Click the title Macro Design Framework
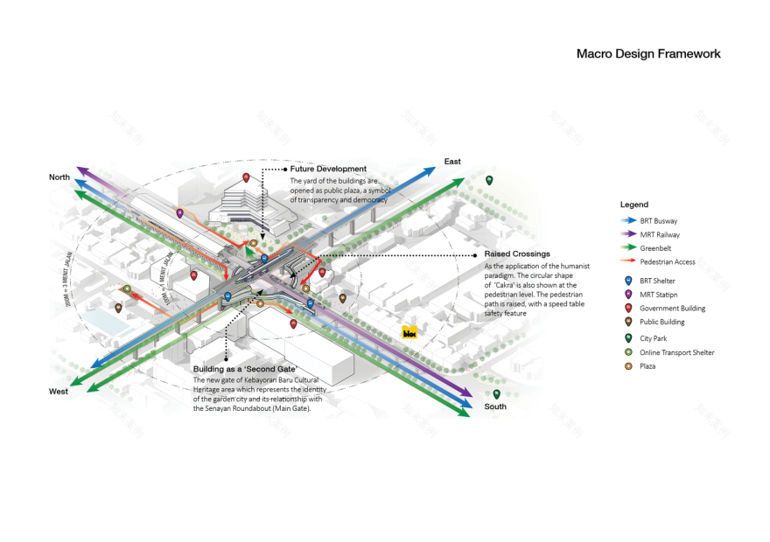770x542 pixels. tap(647, 53)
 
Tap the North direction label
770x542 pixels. tap(59, 177)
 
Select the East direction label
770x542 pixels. tap(452, 162)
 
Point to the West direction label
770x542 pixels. tap(59, 392)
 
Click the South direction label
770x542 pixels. tap(495, 406)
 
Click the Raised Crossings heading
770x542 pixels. tap(516, 254)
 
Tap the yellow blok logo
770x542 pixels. tap(409, 332)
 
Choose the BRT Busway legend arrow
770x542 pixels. tap(627, 221)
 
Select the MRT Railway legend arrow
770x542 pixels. tap(627, 234)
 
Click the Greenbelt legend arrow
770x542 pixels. tap(627, 248)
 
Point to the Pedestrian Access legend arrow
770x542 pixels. tap(627, 261)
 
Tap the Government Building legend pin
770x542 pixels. tap(626, 307)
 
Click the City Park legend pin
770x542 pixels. tap(626, 337)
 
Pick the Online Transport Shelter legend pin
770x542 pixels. tap(626, 351)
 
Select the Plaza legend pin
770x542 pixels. tap(626, 365)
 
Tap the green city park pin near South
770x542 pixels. tap(496, 393)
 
